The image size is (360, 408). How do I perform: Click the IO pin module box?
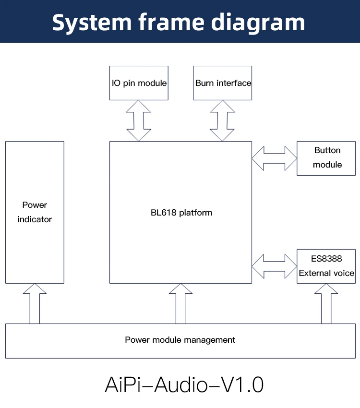[x=139, y=83]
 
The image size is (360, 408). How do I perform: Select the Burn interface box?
[x=223, y=83]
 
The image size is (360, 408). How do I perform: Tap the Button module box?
[x=327, y=158]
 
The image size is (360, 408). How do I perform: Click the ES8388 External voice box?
[x=326, y=266]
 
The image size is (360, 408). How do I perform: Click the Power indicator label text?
[x=35, y=212]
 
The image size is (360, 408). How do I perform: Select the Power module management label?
[x=180, y=340]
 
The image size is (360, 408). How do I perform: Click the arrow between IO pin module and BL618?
[x=138, y=120]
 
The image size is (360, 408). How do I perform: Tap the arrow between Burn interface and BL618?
[x=222, y=120]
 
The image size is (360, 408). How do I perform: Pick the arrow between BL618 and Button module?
[x=274, y=158]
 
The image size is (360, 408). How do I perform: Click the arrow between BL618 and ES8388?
[x=274, y=266]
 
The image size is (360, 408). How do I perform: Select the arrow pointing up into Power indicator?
[x=35, y=303]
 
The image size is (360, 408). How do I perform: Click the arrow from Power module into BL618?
[x=180, y=303]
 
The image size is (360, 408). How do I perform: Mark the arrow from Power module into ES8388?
[x=326, y=303]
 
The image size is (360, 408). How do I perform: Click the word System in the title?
[x=92, y=22]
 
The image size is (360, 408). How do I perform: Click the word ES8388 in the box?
[x=326, y=259]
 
